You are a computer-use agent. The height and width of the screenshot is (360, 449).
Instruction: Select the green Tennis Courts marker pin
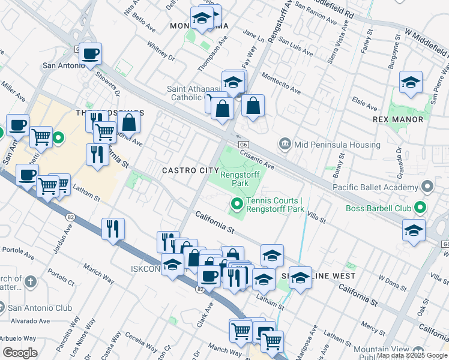[237, 205]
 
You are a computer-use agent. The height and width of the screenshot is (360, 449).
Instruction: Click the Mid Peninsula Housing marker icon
[285, 145]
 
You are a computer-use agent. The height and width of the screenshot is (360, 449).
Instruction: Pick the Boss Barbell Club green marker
[420, 209]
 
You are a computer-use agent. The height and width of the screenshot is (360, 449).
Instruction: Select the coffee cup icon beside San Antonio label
[91, 54]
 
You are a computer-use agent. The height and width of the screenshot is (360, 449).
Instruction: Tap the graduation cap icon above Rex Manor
[411, 82]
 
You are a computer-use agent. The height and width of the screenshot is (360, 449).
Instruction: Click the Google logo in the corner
[20, 353]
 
